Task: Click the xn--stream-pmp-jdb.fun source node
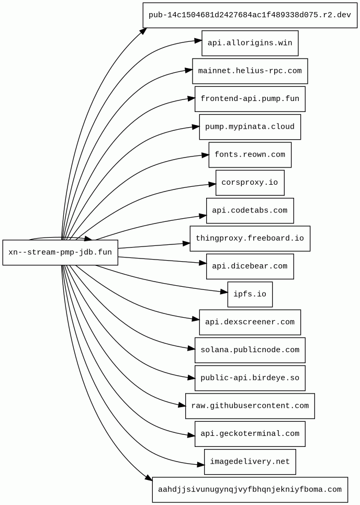(60, 252)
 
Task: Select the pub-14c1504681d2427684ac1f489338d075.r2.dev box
(250, 15)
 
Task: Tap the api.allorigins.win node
(250, 43)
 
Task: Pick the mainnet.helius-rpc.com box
(250, 71)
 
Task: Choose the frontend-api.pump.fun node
(250, 99)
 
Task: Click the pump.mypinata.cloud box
(250, 127)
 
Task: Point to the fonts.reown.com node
(250, 155)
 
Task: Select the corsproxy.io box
(250, 183)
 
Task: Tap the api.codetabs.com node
(250, 210)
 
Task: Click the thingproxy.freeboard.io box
(250, 239)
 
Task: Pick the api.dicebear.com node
(250, 266)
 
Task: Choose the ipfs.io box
(250, 294)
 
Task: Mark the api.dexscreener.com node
(250, 322)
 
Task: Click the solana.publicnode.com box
(250, 350)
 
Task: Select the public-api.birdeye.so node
(250, 378)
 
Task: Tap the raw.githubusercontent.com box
(250, 406)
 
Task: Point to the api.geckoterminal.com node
(250, 434)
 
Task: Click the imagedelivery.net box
(250, 462)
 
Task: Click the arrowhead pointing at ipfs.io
(224, 291)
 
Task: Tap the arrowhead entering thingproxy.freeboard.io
(186, 243)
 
